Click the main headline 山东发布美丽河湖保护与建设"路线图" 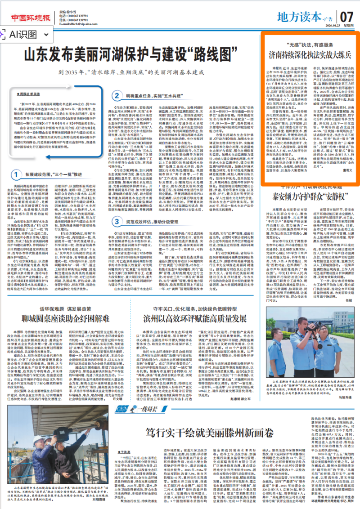[129, 55]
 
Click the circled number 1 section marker [15, 173]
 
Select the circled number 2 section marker [116, 95]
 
